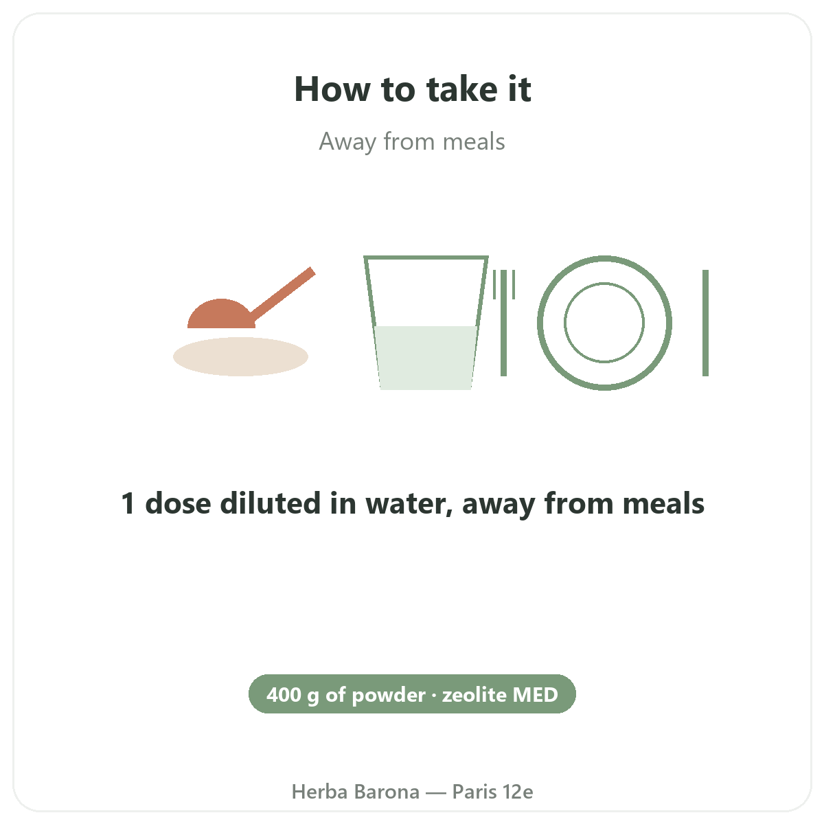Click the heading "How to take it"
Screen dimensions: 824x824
(x=412, y=89)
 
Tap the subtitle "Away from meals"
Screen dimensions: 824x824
(x=412, y=141)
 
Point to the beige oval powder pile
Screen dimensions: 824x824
(x=240, y=356)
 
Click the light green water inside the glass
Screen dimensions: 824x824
(x=426, y=358)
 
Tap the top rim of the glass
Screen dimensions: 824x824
(x=426, y=257)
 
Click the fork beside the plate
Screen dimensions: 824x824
(x=504, y=323)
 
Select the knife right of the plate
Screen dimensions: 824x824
(x=706, y=323)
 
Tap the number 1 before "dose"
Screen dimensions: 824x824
(x=128, y=503)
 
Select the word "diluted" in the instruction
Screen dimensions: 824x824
(x=271, y=503)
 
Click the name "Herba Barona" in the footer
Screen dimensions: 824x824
(x=355, y=792)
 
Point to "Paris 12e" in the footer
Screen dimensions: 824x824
(x=492, y=792)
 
